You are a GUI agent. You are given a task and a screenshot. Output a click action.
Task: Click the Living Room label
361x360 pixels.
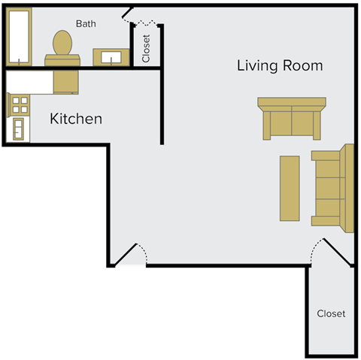pos(280,65)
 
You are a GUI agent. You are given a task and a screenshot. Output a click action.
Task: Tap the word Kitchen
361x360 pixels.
pos(75,119)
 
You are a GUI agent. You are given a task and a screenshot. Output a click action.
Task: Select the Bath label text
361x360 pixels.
pos(86,24)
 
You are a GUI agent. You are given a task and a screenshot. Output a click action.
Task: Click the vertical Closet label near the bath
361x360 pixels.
pos(146,48)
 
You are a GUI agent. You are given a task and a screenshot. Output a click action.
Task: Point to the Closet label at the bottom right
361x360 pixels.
pos(331,313)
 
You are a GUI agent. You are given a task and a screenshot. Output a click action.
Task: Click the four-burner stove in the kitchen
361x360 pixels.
pos(20,104)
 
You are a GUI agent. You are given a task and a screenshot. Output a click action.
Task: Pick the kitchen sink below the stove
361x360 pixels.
pos(18,130)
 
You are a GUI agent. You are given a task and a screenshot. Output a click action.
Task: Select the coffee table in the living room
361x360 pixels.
pos(290,187)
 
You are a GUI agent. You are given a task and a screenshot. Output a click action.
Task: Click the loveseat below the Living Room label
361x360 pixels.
pos(290,119)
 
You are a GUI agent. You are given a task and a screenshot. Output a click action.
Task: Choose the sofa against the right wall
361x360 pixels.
pos(332,188)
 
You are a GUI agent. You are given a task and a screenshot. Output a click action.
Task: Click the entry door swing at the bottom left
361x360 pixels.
pos(131,255)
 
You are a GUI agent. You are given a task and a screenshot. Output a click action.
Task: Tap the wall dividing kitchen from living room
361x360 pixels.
pos(162,105)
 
